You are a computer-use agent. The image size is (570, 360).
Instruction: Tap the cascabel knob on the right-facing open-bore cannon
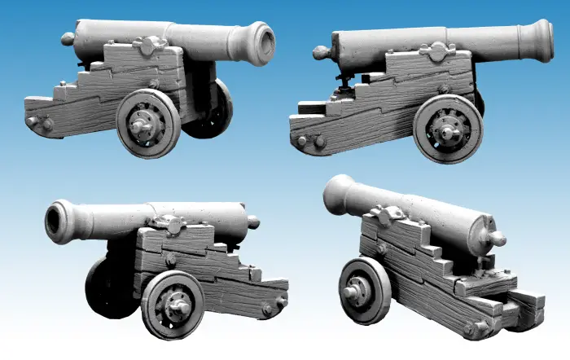67,38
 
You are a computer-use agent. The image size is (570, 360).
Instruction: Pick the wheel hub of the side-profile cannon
447,130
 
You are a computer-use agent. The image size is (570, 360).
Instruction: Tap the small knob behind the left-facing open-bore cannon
253,221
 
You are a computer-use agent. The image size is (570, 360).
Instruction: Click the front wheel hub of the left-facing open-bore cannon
175,305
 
